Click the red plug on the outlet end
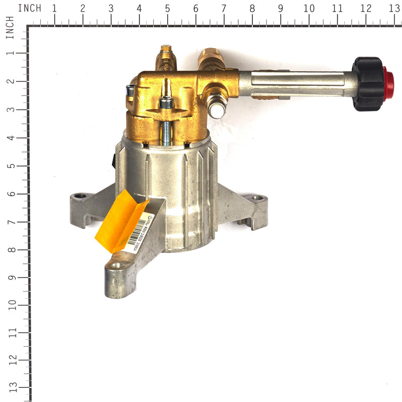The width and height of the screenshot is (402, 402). [x=388, y=83]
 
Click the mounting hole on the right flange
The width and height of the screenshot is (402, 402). [x=258, y=198]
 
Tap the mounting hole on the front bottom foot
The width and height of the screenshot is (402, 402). [x=116, y=265]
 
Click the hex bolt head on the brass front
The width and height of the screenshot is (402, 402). [x=166, y=103]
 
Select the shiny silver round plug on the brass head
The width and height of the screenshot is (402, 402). [x=217, y=109]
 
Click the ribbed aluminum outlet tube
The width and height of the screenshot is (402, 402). [x=296, y=83]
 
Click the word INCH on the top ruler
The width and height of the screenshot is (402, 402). [x=30, y=9]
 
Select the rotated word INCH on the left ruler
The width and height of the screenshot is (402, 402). [x=10, y=28]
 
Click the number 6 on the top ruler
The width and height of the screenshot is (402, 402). [x=195, y=9]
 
